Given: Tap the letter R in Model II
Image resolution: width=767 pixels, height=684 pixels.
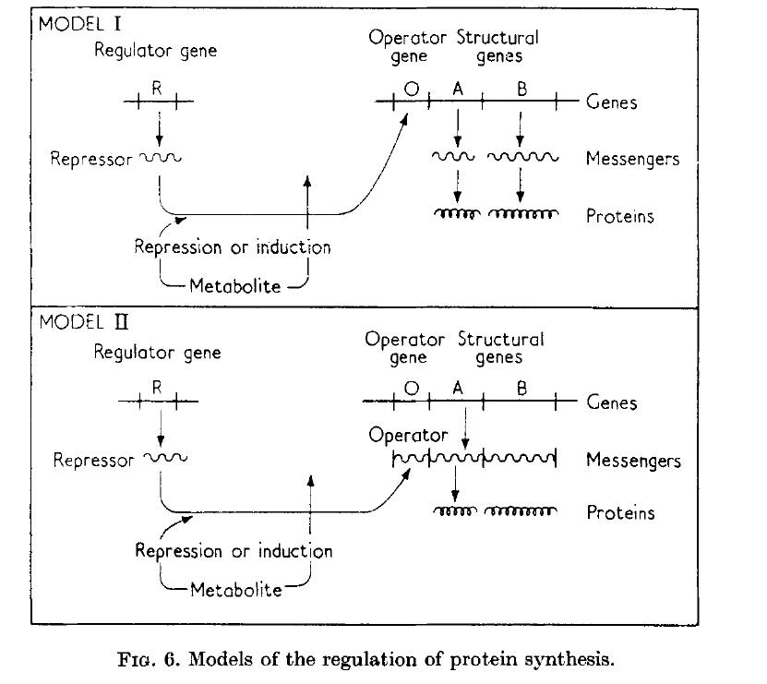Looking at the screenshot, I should point(157,389).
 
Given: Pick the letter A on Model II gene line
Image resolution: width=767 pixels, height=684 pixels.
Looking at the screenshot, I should point(456,390).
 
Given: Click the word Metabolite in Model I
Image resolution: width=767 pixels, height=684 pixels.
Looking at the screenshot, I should point(234,285).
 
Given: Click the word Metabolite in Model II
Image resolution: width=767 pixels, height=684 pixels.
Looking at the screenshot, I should point(235,588).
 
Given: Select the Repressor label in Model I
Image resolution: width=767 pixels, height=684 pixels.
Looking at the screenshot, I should point(91,159).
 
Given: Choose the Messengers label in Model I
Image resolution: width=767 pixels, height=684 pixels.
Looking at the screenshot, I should point(632,159).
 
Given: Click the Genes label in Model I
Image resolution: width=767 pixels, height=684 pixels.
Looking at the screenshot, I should point(612,102).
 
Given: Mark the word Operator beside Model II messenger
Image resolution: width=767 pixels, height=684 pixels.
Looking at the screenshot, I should point(408,434).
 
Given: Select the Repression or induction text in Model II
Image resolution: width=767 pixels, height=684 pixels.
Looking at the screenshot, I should point(234,551).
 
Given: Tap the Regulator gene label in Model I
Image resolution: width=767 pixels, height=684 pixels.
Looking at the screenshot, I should point(156,50).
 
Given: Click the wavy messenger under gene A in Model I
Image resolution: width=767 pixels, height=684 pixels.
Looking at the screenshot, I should point(454,158).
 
